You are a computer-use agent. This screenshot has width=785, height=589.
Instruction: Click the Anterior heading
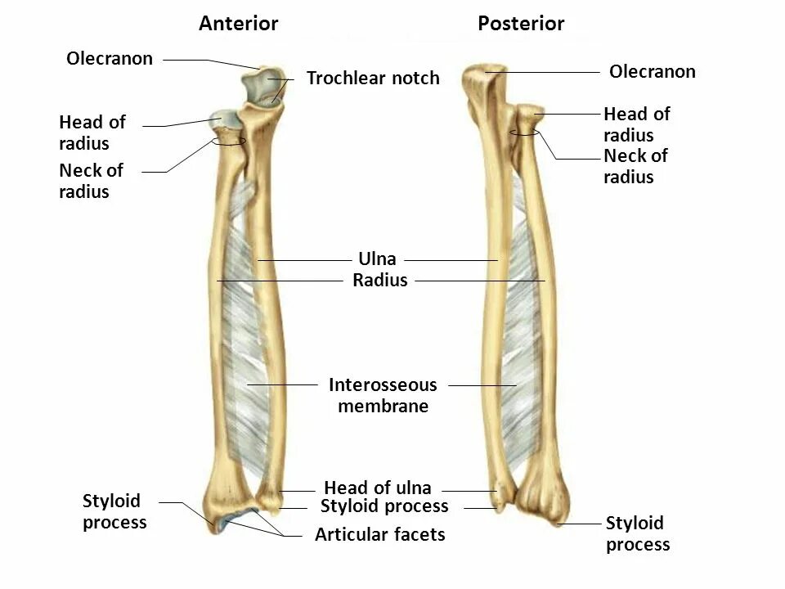pyautogui.click(x=238, y=24)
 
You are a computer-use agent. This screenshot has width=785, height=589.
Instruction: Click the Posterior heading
pyautogui.click(x=521, y=24)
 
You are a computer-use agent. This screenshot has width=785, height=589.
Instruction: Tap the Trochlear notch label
pyautogui.click(x=373, y=79)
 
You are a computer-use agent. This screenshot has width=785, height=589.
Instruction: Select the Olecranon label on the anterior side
pyautogui.click(x=110, y=59)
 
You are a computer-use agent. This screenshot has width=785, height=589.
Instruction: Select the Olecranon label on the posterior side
pyautogui.click(x=653, y=72)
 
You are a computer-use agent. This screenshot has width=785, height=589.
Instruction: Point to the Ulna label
pyautogui.click(x=377, y=259)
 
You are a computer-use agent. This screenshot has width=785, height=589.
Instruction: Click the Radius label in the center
pyautogui.click(x=379, y=281)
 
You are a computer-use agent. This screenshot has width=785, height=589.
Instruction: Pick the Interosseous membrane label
pyautogui.click(x=383, y=395)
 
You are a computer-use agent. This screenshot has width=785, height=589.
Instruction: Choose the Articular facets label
pyautogui.click(x=380, y=535)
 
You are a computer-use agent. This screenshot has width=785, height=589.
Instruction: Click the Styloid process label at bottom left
pyautogui.click(x=114, y=511)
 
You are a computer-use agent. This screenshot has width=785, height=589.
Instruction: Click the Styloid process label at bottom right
pyautogui.click(x=638, y=533)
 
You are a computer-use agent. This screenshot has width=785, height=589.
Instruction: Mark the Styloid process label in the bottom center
pyautogui.click(x=384, y=506)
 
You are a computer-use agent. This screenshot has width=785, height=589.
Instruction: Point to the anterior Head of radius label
pyautogui.click(x=92, y=133)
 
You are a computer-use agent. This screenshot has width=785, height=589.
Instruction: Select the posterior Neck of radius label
pyautogui.click(x=635, y=166)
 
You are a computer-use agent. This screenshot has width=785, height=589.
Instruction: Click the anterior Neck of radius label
pyautogui.click(x=91, y=181)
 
